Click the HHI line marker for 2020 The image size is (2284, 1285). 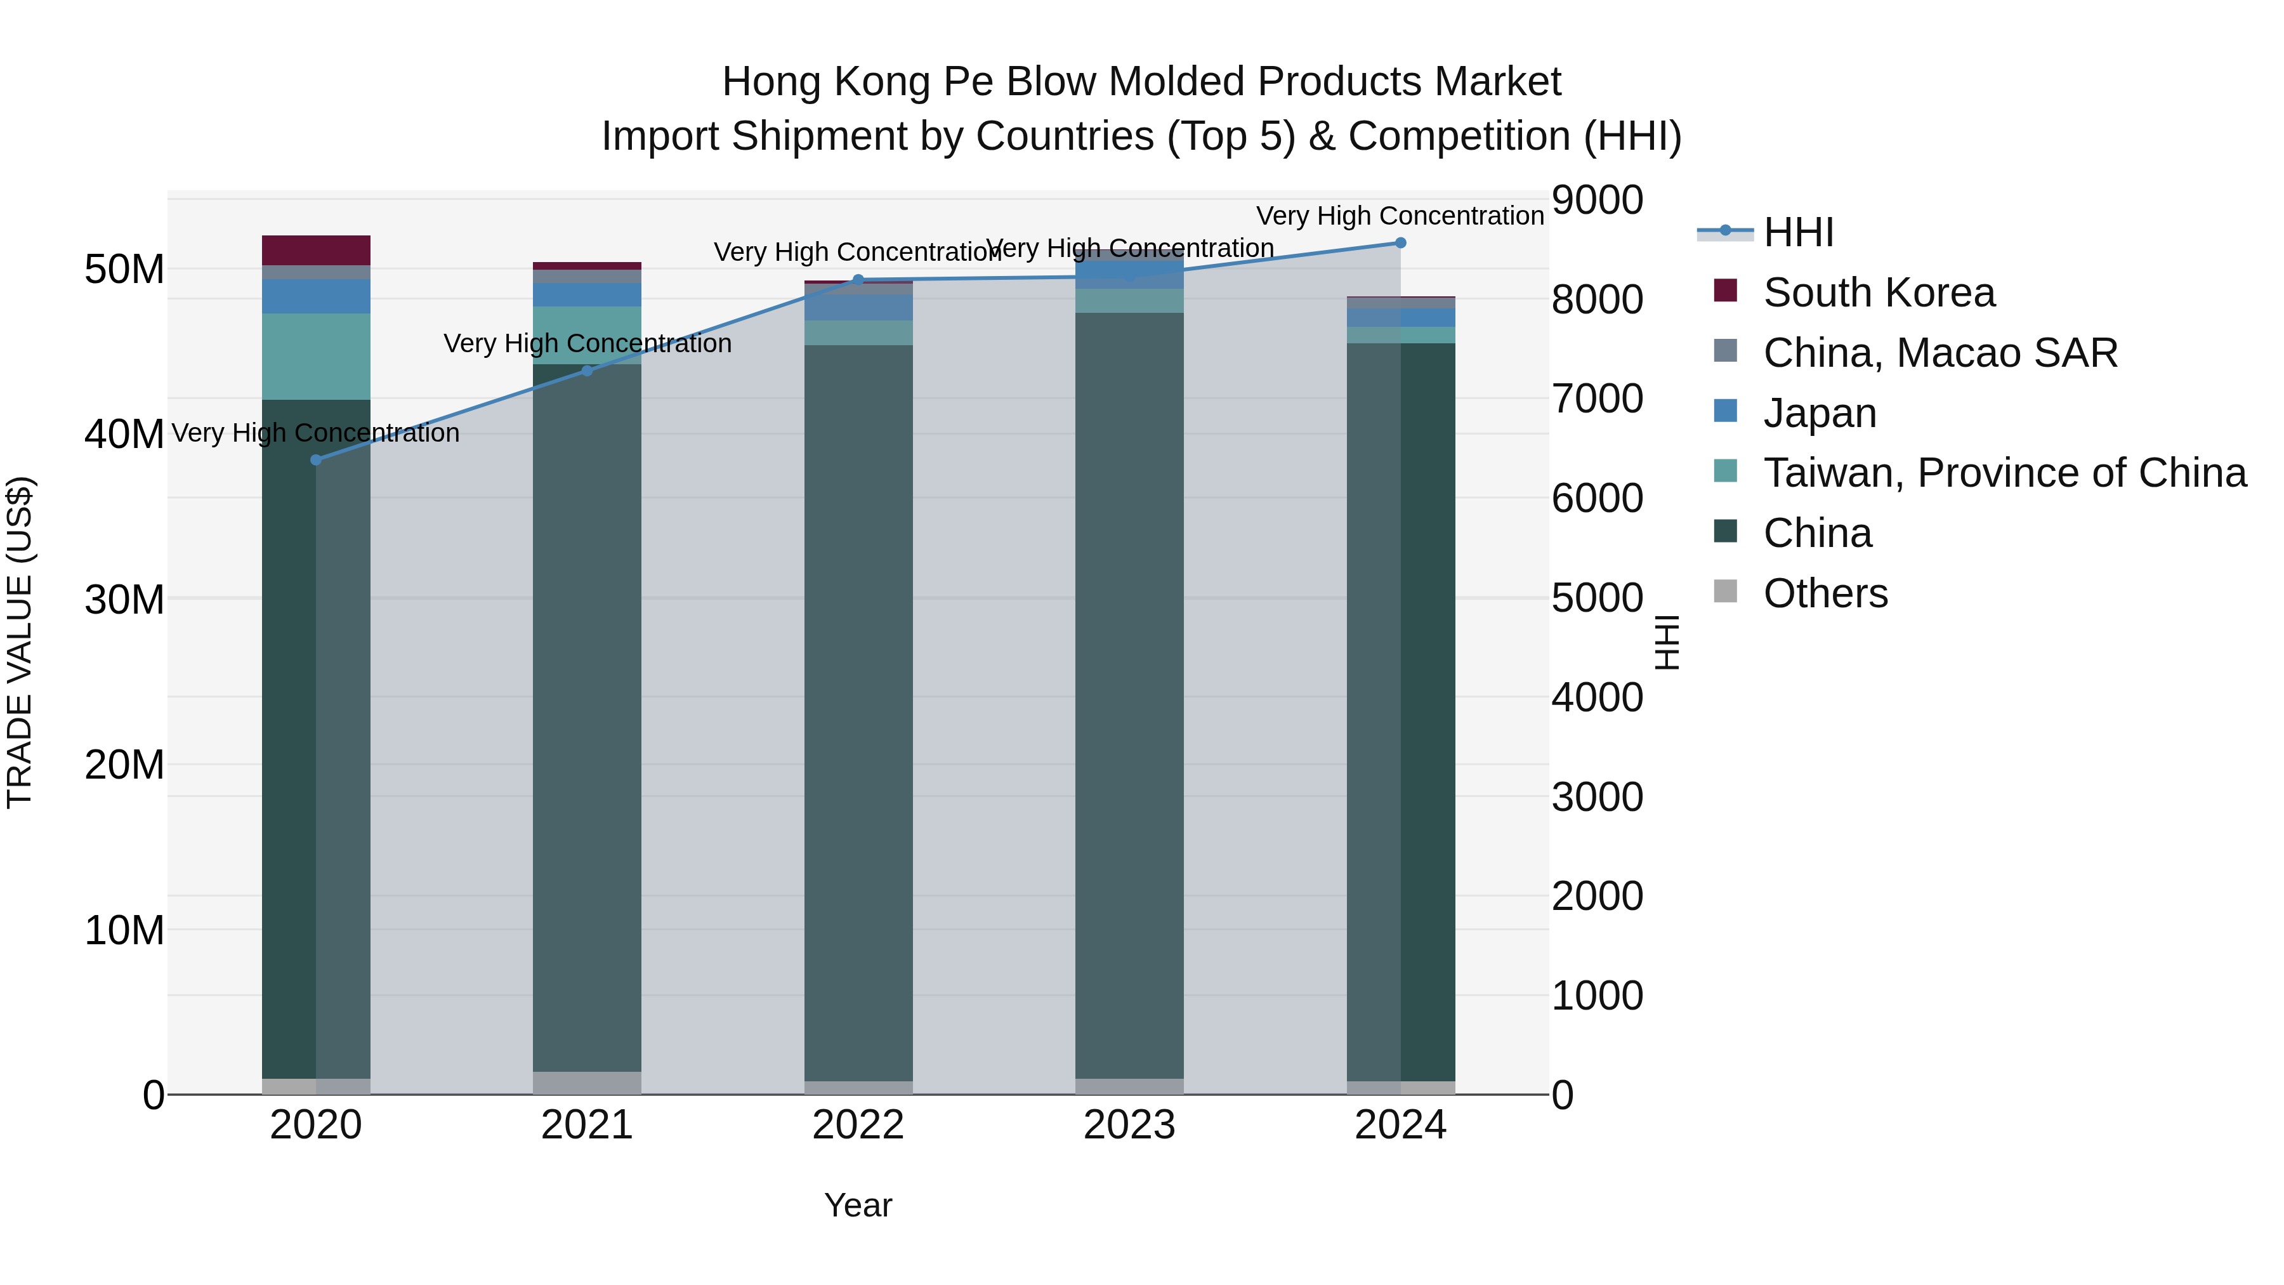click(316, 459)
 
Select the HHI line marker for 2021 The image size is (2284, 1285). click(587, 371)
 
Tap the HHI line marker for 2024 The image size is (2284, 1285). click(1401, 243)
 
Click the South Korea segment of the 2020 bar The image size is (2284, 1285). click(316, 250)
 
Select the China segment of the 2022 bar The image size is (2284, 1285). click(858, 709)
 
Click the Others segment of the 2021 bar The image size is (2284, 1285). click(587, 1083)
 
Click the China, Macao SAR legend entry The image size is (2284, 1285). click(1940, 353)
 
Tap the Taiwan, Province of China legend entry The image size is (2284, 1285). click(2004, 473)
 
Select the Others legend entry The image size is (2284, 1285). click(1825, 593)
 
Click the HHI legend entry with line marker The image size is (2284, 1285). click(1797, 232)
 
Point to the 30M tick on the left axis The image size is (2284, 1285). click(124, 600)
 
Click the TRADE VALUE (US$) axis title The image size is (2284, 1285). click(20, 642)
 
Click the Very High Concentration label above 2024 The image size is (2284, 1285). click(1400, 216)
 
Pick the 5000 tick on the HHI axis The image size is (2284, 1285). click(1597, 598)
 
